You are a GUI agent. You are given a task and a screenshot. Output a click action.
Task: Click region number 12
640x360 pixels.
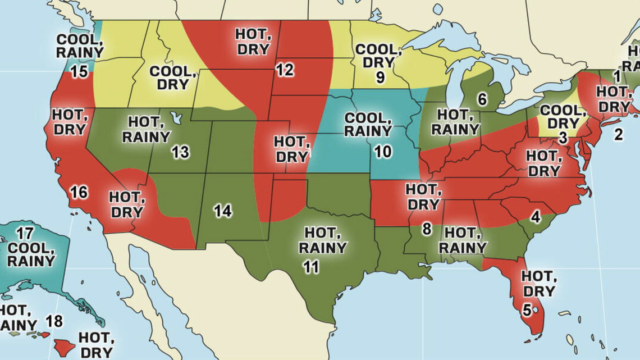(x=285, y=70)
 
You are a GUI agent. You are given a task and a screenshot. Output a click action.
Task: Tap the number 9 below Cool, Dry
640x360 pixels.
(x=380, y=78)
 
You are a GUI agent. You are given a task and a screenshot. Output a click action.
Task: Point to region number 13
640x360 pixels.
(x=180, y=152)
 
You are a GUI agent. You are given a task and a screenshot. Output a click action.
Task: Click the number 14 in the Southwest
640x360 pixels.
(x=223, y=211)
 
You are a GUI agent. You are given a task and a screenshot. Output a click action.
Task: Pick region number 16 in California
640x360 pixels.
(x=79, y=193)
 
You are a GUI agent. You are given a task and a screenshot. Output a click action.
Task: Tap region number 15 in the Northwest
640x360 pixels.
(x=79, y=72)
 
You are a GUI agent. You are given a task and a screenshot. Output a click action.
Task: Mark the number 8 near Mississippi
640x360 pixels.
(x=427, y=229)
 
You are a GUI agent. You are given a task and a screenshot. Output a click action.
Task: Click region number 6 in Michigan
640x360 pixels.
(x=482, y=99)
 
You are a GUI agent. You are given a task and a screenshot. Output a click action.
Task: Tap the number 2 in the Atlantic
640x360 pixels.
(x=618, y=134)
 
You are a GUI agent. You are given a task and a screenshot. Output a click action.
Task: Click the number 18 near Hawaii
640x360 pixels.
(x=54, y=321)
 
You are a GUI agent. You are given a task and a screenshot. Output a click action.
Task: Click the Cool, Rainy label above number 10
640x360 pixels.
(x=368, y=124)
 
